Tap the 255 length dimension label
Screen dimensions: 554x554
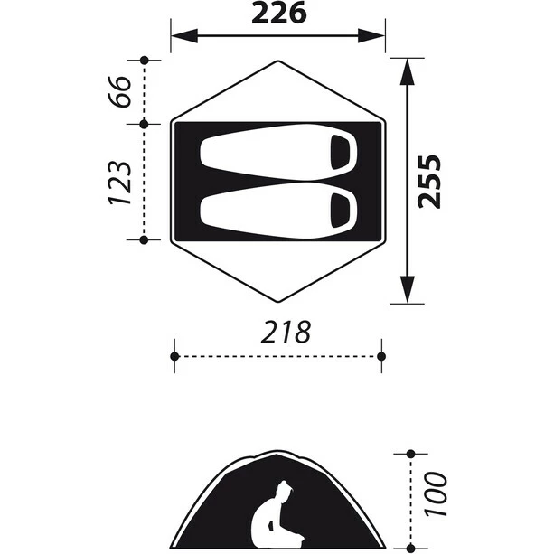pyautogui.click(x=429, y=182)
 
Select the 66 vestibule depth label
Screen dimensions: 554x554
pyautogui.click(x=120, y=91)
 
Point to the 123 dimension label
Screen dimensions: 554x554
pyautogui.click(x=120, y=183)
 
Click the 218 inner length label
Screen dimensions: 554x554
pyautogui.click(x=286, y=332)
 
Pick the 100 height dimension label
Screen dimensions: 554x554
pyautogui.click(x=437, y=494)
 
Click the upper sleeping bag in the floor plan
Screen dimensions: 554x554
pyautogui.click(x=278, y=152)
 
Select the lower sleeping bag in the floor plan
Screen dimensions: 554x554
pyautogui.click(x=278, y=211)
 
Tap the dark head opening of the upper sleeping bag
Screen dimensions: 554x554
pyautogui.click(x=340, y=152)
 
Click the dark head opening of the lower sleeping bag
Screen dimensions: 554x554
pyautogui.click(x=340, y=211)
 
